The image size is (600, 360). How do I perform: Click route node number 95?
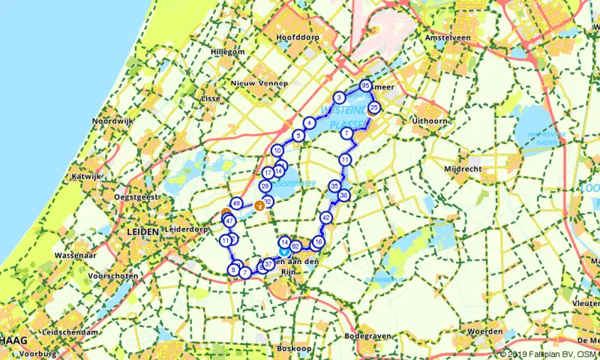[365, 85]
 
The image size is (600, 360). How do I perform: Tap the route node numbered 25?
[374, 108]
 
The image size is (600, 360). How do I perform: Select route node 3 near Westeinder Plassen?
[340, 97]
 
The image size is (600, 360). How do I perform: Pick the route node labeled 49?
[236, 203]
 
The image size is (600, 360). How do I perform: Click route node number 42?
[325, 217]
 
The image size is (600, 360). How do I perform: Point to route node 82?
[296, 246]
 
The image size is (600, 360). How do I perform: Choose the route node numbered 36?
[343, 196]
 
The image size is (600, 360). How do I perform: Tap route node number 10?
[277, 150]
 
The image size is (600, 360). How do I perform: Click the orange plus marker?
[259, 205]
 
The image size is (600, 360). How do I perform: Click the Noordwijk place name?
[111, 121]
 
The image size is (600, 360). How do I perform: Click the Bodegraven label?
[369, 337]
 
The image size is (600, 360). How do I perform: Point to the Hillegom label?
[207, 52]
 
